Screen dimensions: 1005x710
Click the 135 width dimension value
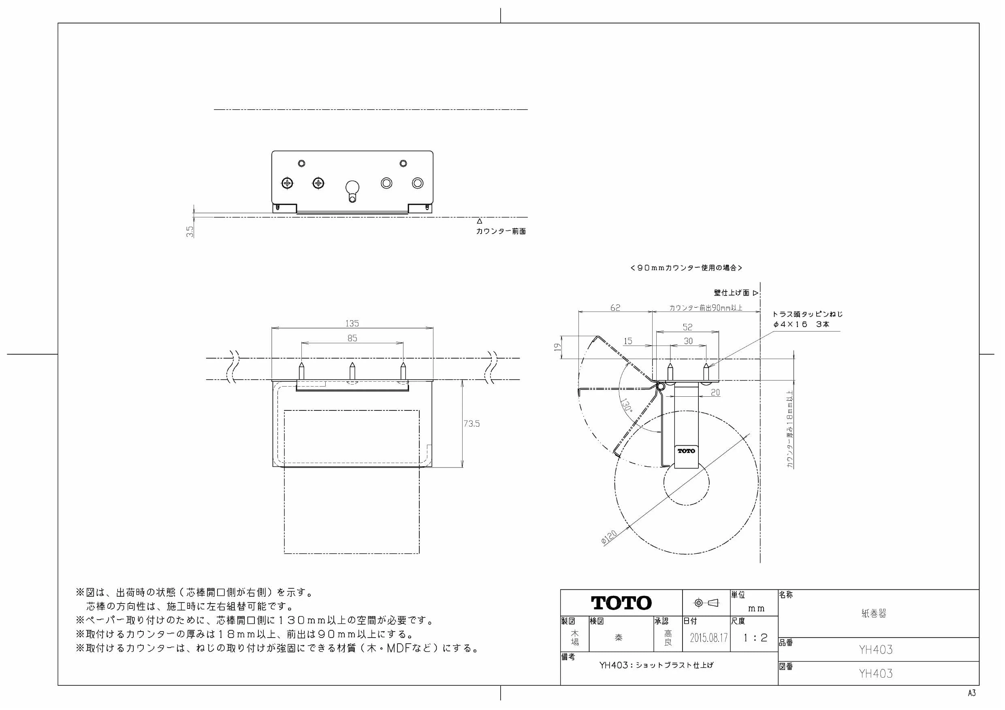(x=352, y=323)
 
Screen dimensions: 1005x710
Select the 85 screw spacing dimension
(x=352, y=338)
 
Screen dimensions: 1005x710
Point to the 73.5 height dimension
(x=472, y=423)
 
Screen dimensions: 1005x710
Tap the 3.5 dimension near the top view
(x=190, y=231)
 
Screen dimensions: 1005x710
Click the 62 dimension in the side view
(x=615, y=308)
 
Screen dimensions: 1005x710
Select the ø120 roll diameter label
(x=609, y=537)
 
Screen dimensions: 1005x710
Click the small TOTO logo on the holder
(x=686, y=451)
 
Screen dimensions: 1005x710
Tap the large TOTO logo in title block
(x=621, y=603)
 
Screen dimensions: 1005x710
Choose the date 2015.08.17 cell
(x=708, y=638)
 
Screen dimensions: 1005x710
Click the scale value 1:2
(x=755, y=638)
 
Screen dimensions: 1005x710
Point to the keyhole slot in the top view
(x=352, y=191)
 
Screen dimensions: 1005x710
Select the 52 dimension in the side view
(x=688, y=327)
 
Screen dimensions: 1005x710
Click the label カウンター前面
(x=501, y=231)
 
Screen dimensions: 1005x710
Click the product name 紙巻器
(x=874, y=613)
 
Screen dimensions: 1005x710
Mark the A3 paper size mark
(x=972, y=693)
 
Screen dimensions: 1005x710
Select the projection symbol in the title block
(x=706, y=603)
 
